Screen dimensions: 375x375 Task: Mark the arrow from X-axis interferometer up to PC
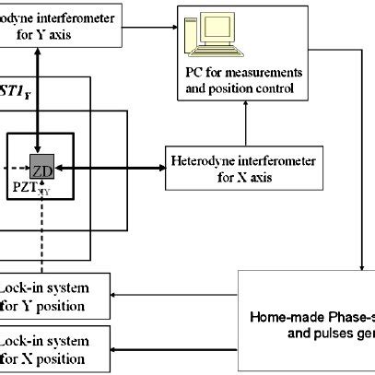(x=244, y=123)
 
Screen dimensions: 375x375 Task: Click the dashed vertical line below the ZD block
(x=37, y=230)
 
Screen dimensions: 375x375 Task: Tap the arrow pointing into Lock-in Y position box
(x=175, y=297)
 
